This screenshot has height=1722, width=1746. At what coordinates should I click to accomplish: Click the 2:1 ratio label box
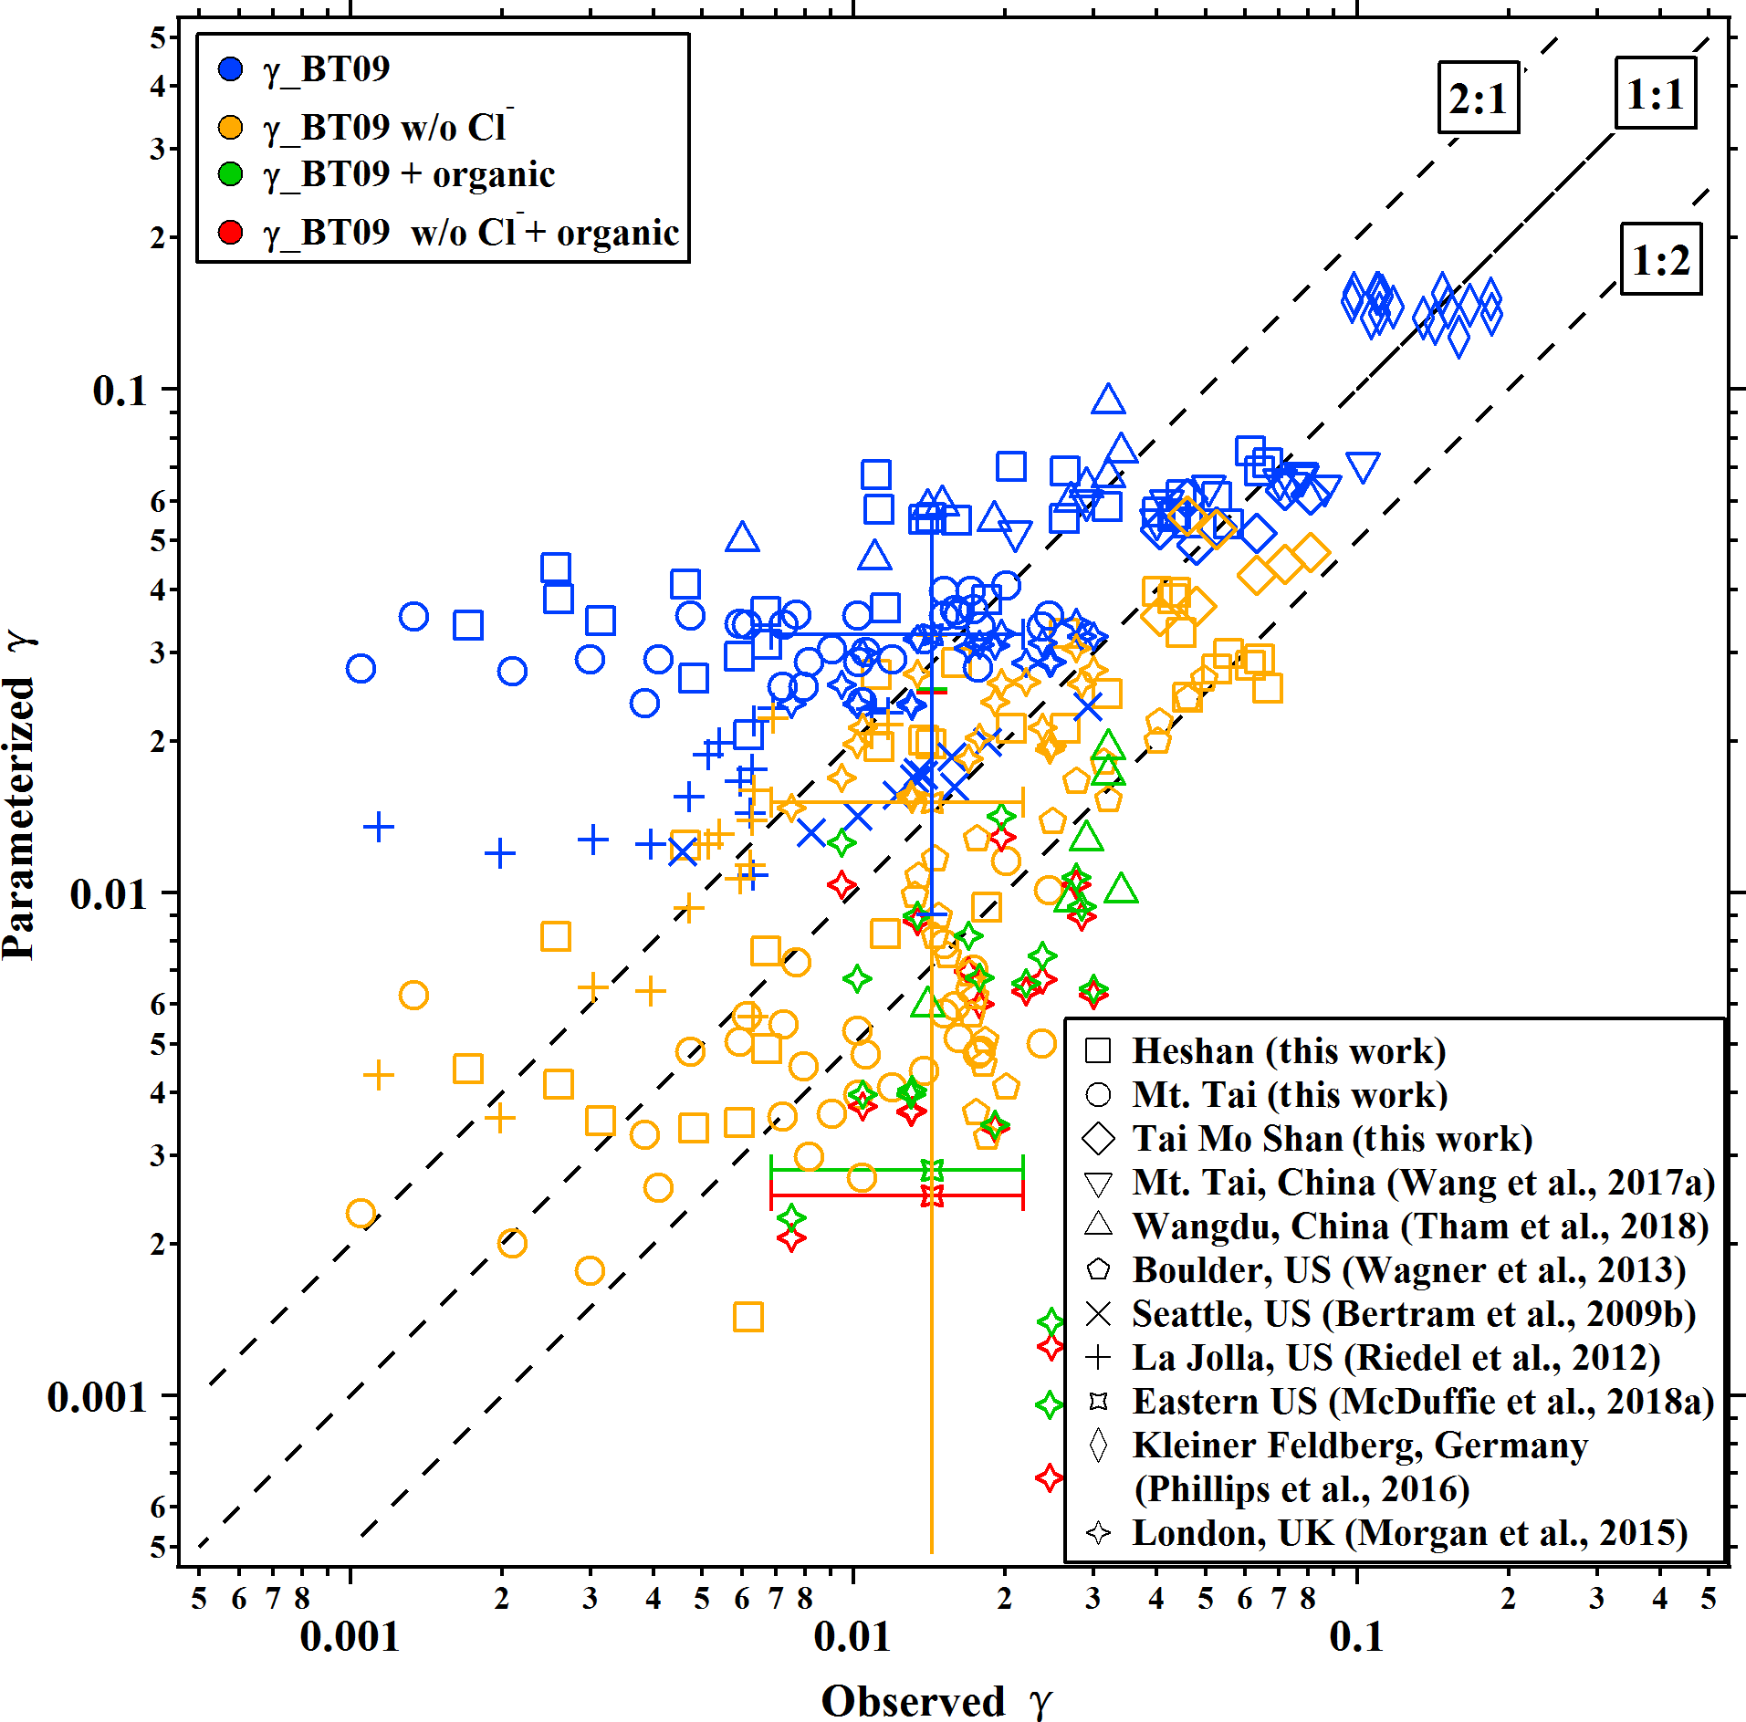(x=1478, y=98)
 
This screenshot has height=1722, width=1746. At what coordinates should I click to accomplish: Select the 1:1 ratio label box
(x=1655, y=93)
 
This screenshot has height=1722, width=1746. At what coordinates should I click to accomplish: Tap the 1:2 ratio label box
(x=1660, y=259)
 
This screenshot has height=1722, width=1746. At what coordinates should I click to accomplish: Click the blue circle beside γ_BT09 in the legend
(x=231, y=68)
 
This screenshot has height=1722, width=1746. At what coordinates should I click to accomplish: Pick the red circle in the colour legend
(x=231, y=233)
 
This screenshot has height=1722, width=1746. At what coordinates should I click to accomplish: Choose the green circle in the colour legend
(x=231, y=173)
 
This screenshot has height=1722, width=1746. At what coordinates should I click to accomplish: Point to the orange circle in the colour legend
(x=231, y=127)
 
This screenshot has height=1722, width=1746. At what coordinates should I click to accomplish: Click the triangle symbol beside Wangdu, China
(x=1098, y=1225)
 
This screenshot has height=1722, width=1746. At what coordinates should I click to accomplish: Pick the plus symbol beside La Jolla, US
(x=1098, y=1357)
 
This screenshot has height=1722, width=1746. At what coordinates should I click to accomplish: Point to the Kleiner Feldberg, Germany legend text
(x=1359, y=1445)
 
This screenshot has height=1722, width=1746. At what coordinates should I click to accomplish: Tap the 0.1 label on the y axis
(x=120, y=391)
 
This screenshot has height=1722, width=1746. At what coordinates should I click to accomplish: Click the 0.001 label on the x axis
(x=350, y=1636)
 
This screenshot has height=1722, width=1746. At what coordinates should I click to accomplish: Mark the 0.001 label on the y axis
(x=97, y=1397)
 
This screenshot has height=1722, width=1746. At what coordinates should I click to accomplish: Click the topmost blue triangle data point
(x=1108, y=400)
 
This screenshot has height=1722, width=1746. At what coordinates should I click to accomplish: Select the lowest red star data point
(x=1050, y=1477)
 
